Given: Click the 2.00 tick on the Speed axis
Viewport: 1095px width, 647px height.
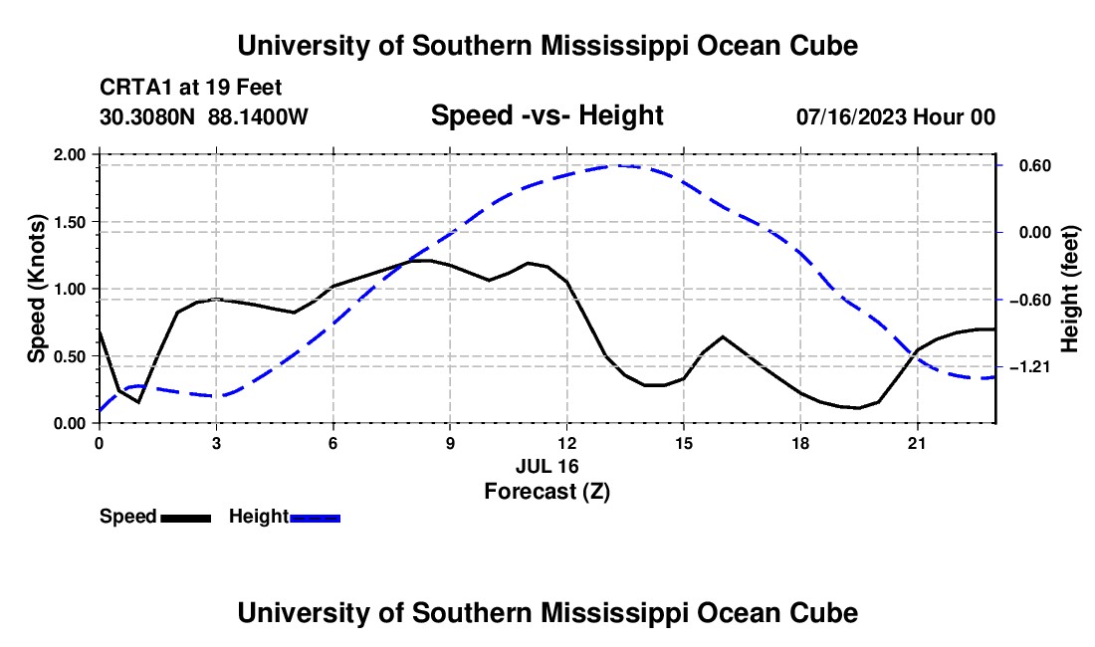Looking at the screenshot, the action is click(70, 154).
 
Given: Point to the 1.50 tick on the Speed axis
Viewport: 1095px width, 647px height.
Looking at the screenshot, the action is click(70, 222).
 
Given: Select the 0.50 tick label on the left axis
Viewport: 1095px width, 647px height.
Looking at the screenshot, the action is click(70, 356).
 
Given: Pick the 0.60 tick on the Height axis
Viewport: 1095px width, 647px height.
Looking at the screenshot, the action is click(1035, 165).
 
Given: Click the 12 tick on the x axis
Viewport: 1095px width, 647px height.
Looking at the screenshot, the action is click(567, 443).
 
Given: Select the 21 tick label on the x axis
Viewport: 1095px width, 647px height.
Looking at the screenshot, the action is click(916, 443).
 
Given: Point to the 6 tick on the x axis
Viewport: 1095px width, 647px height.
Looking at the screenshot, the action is click(333, 443).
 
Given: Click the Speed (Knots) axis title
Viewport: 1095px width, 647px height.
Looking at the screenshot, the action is click(36, 289).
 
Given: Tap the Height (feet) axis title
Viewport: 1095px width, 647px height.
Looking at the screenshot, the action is click(1069, 289).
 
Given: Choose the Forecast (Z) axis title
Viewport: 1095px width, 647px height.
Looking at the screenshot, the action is click(547, 492).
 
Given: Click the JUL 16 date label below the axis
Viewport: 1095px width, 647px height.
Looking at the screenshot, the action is click(547, 466).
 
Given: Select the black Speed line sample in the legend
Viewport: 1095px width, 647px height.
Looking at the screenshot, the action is click(186, 519).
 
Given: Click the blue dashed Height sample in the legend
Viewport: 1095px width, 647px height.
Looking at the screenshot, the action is click(315, 519).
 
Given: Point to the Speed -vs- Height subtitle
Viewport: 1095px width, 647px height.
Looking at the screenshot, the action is click(547, 115).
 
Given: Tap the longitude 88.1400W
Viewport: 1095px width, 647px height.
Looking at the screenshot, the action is click(258, 116).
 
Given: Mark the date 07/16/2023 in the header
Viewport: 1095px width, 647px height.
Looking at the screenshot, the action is click(851, 116).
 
